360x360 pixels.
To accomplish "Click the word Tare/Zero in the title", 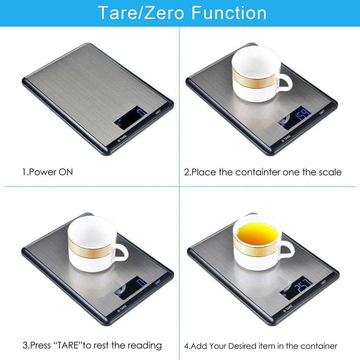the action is [141, 13].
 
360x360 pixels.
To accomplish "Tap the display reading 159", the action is [294, 118].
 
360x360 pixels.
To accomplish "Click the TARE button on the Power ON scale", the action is [122, 139].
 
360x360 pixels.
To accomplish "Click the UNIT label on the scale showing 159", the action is [322, 112].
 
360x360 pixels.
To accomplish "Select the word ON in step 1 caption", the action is [66, 172].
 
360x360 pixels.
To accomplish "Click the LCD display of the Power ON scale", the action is [130, 118].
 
